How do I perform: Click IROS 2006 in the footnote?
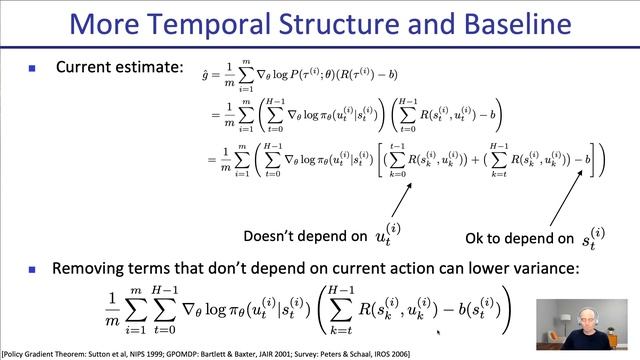point(417,353)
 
